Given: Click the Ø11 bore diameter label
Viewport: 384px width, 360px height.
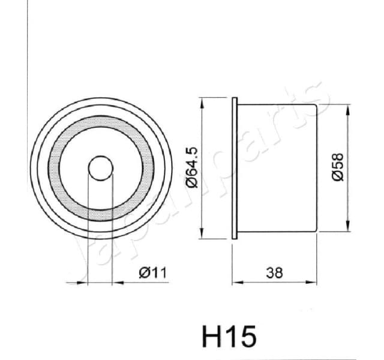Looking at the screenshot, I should (152, 273).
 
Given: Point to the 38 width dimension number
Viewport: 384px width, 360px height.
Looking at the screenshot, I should (274, 273).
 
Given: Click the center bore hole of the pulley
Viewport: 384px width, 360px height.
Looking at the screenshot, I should (100, 169).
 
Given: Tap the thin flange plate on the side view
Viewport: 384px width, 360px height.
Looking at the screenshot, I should (236, 169).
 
